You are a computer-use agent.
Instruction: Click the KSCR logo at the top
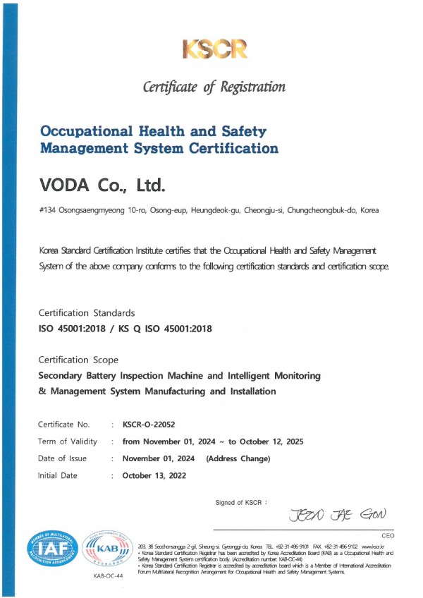coord(215,49)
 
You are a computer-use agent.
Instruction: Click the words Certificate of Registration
coord(214,87)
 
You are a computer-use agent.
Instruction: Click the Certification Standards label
coord(85,312)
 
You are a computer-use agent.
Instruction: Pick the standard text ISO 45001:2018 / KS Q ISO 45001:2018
coord(125,328)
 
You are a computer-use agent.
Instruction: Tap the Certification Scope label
coord(78,360)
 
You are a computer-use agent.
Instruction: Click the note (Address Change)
coord(238,458)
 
